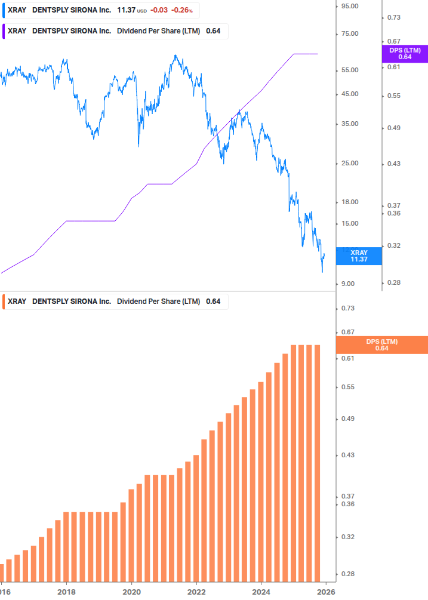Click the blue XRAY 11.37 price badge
pyautogui.click(x=358, y=256)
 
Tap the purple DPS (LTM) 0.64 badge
pyautogui.click(x=404, y=54)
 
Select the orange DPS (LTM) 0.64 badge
pyautogui.click(x=381, y=345)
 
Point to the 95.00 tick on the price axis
pyautogui.click(x=349, y=6)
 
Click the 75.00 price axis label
pyautogui.click(x=349, y=33)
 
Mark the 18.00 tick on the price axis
pyautogui.click(x=349, y=202)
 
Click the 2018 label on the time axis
pyautogui.click(x=66, y=592)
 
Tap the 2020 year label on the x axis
pyautogui.click(x=131, y=592)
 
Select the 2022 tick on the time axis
pyautogui.click(x=196, y=592)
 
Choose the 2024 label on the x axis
pyautogui.click(x=261, y=592)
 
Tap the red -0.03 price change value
pyautogui.click(x=159, y=10)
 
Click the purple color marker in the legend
pyautogui.click(x=4, y=31)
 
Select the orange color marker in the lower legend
pyautogui.click(x=4, y=301)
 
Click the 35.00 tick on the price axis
pyautogui.click(x=349, y=124)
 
